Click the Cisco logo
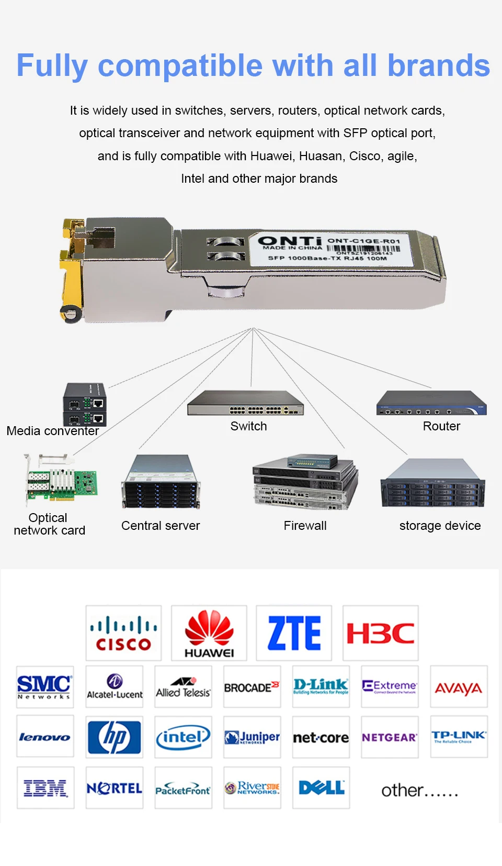click(x=123, y=632)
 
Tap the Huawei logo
click(x=209, y=632)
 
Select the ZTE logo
click(x=294, y=632)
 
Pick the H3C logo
click(x=380, y=632)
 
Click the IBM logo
click(x=45, y=787)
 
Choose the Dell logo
click(x=321, y=787)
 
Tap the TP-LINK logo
click(x=459, y=737)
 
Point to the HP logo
click(x=115, y=737)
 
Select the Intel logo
click(x=183, y=737)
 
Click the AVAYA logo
click(x=459, y=687)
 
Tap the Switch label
click(x=248, y=426)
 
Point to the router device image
click(x=431, y=403)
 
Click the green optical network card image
click(x=62, y=481)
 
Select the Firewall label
click(x=305, y=526)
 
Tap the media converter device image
click(x=85, y=404)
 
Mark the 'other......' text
click(x=419, y=790)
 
